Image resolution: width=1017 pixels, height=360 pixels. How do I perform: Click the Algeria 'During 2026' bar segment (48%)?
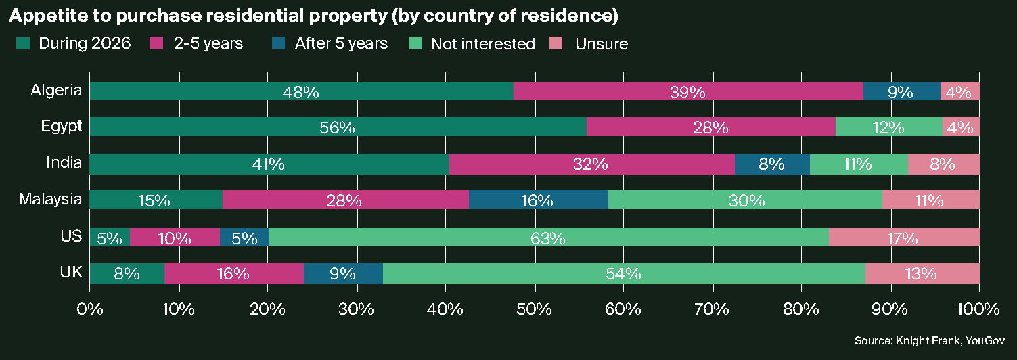[301, 91]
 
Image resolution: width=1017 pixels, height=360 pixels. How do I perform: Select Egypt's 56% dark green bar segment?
[338, 127]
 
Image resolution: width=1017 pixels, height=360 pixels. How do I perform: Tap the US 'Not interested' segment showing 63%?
[549, 238]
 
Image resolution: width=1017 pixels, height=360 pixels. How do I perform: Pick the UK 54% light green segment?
[624, 273]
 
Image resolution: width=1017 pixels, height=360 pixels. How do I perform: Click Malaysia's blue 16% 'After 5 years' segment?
[538, 200]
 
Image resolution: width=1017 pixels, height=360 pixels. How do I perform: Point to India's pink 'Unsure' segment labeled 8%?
[943, 164]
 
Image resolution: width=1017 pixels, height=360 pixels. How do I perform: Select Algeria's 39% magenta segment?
[688, 91]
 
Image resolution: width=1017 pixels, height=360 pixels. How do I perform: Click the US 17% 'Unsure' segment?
[904, 238]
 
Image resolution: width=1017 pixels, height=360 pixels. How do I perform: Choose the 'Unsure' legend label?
[601, 44]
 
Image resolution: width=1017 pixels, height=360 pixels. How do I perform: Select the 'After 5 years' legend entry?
[341, 44]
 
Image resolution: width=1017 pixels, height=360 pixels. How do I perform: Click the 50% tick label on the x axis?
[534, 309]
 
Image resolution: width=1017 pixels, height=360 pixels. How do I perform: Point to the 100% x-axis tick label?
[978, 309]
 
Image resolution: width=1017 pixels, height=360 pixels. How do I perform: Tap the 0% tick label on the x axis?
[89, 309]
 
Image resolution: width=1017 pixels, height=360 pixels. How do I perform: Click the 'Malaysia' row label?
[51, 200]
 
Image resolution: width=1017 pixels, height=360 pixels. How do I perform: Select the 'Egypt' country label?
[62, 127]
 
